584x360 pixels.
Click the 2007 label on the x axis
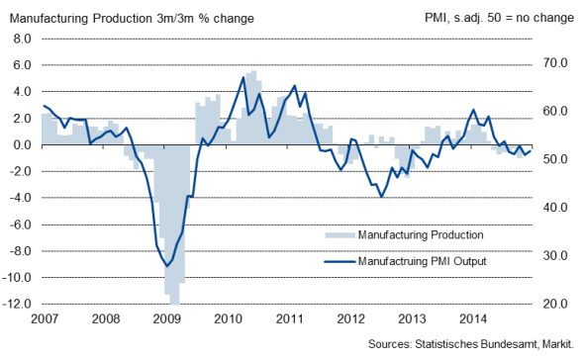pos(46,319)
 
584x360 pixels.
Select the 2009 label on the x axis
pos(167,319)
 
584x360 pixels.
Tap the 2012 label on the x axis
pos(351,319)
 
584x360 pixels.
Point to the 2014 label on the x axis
pos(473,319)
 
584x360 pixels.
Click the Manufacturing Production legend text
pos(421,235)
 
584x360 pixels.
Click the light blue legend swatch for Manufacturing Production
pos(340,235)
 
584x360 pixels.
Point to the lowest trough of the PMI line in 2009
pos(168,265)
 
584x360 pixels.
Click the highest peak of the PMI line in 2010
pos(243,77)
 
